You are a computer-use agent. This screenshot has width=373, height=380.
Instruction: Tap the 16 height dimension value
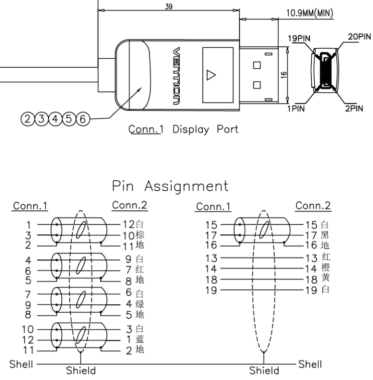tap(284, 74)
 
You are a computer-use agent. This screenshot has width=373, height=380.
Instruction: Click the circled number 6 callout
tap(84, 119)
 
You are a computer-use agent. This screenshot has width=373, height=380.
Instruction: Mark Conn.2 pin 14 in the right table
tap(312, 268)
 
